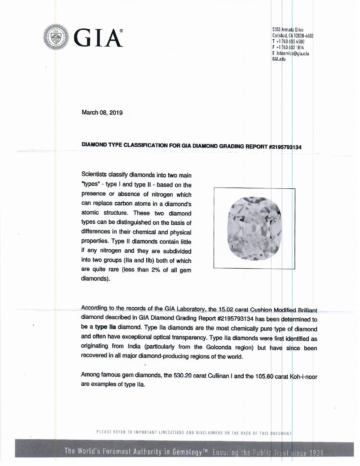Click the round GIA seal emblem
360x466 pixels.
pos(57,38)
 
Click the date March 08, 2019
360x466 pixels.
pos(102,113)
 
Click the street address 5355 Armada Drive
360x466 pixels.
pos(288,30)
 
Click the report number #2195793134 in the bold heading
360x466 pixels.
pos(285,147)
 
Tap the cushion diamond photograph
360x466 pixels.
pos(254,228)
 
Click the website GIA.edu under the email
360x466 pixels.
pos(279,59)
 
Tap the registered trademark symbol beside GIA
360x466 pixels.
pos(121,31)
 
